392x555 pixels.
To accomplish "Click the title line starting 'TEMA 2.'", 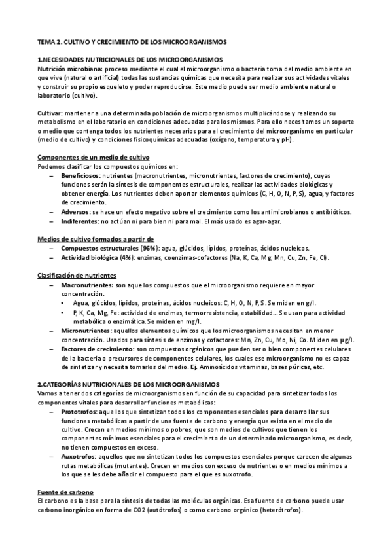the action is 132,41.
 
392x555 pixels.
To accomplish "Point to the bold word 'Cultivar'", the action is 51,113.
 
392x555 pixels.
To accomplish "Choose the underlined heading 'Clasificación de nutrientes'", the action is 76,276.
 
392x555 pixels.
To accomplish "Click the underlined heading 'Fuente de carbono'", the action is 65,492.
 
